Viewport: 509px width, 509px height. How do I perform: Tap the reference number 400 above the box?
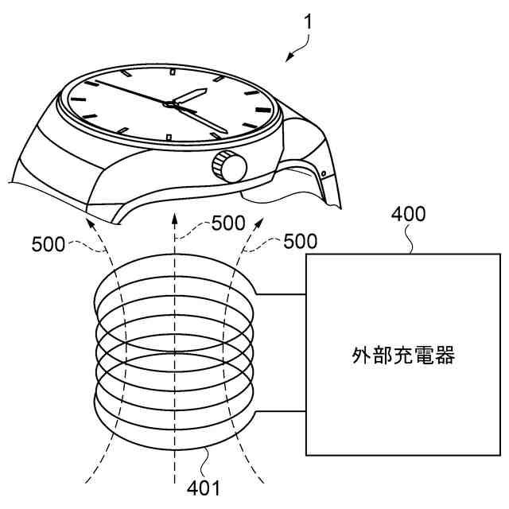click(409, 214)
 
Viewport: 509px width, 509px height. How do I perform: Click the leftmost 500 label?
click(49, 245)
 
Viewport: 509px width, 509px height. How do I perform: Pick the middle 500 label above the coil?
click(228, 223)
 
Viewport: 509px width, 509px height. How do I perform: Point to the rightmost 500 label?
click(301, 240)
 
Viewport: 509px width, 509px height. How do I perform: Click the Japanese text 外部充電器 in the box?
click(403, 356)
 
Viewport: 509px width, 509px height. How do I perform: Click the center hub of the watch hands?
click(170, 103)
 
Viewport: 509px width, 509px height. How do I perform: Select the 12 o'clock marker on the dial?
click(173, 72)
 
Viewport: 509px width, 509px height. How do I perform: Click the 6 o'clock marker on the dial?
click(169, 138)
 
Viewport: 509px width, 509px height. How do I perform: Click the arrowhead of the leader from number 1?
click(289, 59)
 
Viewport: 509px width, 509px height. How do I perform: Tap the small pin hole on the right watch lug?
click(324, 173)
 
